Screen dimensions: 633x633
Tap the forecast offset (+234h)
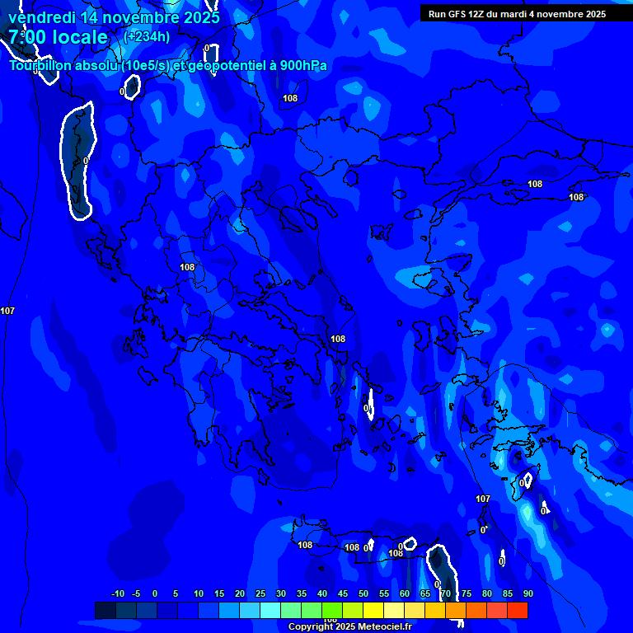(x=147, y=36)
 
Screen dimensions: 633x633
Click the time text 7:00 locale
(x=58, y=37)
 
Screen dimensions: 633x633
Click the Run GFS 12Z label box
(x=517, y=14)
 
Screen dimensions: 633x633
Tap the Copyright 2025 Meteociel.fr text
(x=349, y=627)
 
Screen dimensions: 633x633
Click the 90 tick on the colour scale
(x=527, y=594)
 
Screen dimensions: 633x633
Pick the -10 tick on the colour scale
(x=117, y=594)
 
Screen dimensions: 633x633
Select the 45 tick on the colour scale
(x=343, y=594)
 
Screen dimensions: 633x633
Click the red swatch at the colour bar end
(x=518, y=610)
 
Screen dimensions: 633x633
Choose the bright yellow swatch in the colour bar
(x=373, y=610)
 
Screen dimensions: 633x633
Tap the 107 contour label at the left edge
(x=7, y=311)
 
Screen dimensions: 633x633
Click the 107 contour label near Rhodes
(x=483, y=499)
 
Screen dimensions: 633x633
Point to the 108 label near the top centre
(x=290, y=98)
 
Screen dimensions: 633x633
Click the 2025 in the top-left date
(x=201, y=17)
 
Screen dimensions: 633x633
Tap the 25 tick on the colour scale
(x=260, y=594)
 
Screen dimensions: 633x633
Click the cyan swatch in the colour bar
(x=270, y=610)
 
